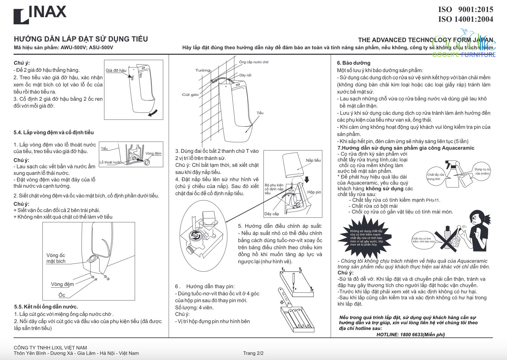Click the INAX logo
(x=40, y=14)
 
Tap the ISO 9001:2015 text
(x=466, y=9)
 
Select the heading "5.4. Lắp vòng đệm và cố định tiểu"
(x=54, y=132)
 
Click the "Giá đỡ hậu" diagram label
(x=116, y=70)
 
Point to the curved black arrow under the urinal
(x=153, y=113)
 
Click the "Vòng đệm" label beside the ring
(x=153, y=153)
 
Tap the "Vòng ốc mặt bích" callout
(x=56, y=258)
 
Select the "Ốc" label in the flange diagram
(x=62, y=295)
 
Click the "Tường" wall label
(x=203, y=70)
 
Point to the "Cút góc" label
(x=190, y=95)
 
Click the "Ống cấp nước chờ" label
(x=254, y=62)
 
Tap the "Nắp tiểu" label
(x=313, y=160)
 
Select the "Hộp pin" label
(x=314, y=192)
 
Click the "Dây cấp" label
(x=272, y=214)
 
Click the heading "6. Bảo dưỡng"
(x=354, y=63)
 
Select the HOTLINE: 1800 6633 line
(x=411, y=335)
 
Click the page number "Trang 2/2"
(x=253, y=353)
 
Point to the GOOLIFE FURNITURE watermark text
(x=464, y=55)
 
